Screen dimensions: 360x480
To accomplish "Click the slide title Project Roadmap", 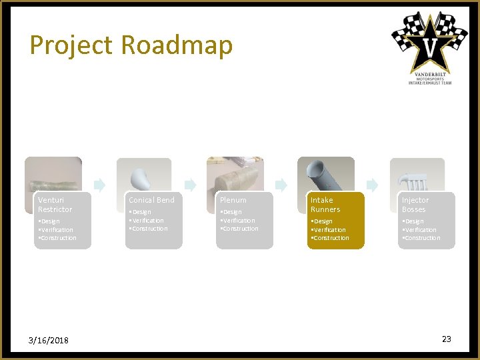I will pos(131,45).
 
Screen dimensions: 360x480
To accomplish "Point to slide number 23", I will pos(446,339).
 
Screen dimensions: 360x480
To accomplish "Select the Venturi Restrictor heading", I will pos(55,205).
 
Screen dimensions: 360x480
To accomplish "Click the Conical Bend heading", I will pos(151,200).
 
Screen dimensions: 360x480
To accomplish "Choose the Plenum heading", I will pos(233,200).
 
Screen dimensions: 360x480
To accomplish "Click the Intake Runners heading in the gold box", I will pos(325,205).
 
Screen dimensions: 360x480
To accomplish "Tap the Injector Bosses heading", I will pos(415,205).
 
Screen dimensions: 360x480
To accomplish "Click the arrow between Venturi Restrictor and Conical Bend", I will pos(99,185).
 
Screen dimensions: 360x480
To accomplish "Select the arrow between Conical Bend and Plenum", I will pos(190,185).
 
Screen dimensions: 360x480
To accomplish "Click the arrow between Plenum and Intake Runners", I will pos(281,185).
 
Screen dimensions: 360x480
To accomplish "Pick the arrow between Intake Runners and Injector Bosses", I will pos(372,185).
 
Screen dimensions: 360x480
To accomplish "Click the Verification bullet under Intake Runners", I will pos(329,229).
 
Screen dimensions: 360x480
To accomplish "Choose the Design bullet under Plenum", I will pos(232,212).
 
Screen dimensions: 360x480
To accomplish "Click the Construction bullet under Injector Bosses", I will pos(421,238).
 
